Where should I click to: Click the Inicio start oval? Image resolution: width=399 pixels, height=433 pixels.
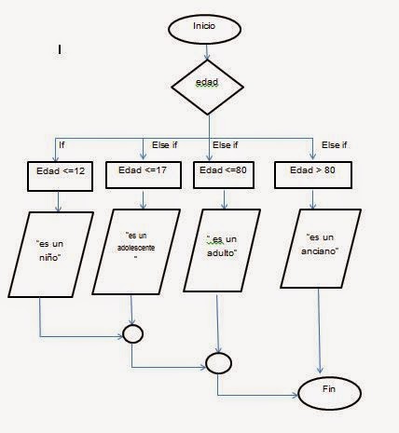click(x=203, y=28)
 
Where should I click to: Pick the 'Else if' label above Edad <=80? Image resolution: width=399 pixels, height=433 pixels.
click(x=226, y=144)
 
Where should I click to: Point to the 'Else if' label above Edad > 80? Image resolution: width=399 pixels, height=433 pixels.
click(x=334, y=144)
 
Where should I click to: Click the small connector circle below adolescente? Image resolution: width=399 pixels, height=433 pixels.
click(x=132, y=332)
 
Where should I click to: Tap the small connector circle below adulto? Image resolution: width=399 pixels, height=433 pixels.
click(x=217, y=361)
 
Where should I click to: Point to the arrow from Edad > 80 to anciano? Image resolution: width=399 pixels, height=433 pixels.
click(x=321, y=198)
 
